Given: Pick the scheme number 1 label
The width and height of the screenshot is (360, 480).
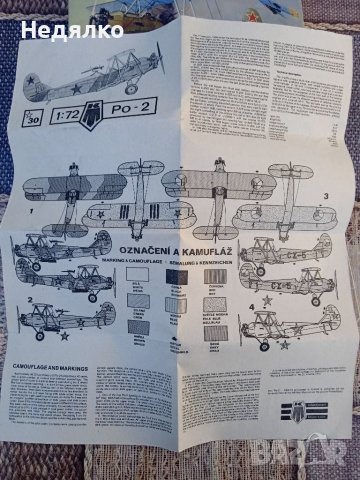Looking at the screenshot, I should coord(33,213).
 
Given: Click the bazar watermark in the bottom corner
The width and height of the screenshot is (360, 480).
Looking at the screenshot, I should coord(325,462).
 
